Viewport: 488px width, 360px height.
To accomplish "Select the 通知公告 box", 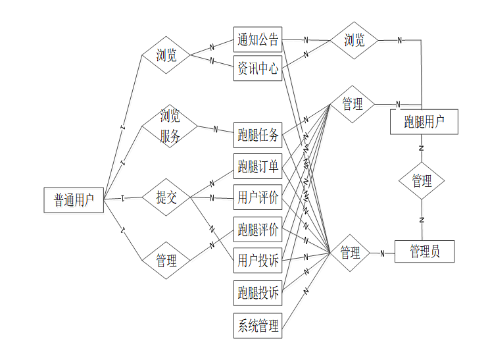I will [x=258, y=39].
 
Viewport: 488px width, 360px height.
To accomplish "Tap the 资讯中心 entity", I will [x=258, y=68].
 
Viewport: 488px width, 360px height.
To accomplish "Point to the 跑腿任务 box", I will [x=258, y=136].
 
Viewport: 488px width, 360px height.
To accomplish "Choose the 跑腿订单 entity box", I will [x=258, y=167].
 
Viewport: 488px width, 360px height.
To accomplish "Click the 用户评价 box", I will [x=258, y=197].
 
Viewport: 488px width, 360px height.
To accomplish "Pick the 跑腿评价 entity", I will [x=258, y=229].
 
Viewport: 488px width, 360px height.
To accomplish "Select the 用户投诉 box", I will [x=258, y=261].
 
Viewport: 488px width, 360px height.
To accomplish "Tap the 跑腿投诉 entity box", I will [x=258, y=292].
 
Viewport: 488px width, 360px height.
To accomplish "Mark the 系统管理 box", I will [x=258, y=325].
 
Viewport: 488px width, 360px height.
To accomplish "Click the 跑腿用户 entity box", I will [x=424, y=122].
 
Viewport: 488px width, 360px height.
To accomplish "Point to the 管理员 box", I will [x=424, y=251].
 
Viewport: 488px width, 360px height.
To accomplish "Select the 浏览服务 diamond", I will [x=170, y=127].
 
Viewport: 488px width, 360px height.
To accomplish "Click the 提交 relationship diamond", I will [x=166, y=197].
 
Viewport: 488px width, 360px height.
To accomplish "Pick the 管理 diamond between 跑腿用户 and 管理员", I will [x=422, y=181].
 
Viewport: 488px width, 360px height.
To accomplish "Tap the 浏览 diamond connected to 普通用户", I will [x=166, y=55].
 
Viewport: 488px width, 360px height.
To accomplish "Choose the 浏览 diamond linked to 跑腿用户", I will [x=354, y=40].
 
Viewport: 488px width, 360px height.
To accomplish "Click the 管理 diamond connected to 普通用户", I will [x=166, y=261].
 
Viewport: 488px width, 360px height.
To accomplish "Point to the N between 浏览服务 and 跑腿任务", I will [x=215, y=129].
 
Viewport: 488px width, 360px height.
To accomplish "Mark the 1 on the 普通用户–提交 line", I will [x=123, y=197].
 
